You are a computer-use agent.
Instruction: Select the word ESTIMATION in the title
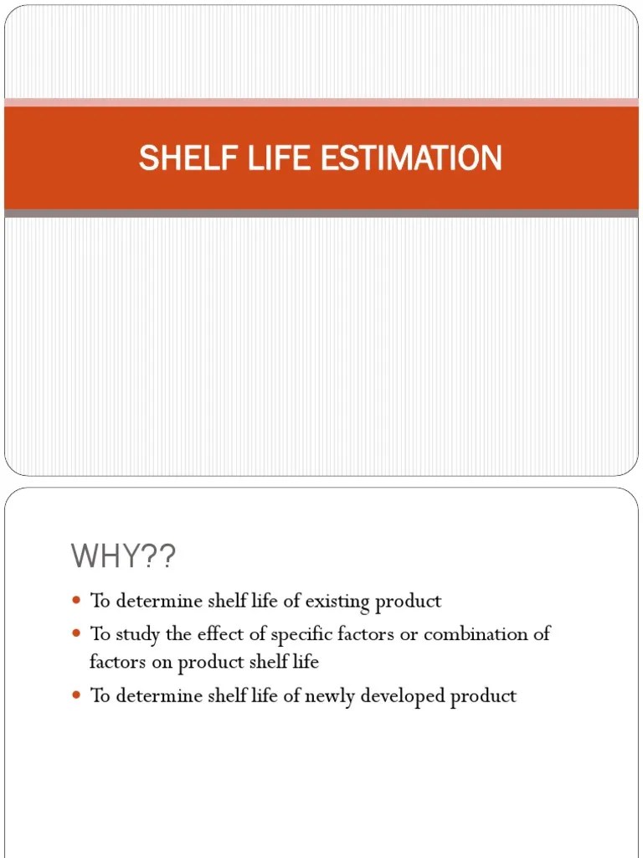tap(411, 158)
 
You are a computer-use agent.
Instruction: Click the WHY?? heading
tap(124, 556)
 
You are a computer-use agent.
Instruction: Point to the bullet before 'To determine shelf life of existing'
tap(76, 601)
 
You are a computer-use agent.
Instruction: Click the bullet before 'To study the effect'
tap(76, 633)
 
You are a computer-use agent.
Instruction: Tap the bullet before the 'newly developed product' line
tap(76, 695)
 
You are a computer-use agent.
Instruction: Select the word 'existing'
tap(338, 601)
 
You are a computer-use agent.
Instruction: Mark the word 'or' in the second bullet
tap(409, 633)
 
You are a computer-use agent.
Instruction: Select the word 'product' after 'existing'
tap(409, 601)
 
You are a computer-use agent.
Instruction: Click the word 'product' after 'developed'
tap(484, 695)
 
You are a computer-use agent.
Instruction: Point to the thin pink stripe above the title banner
tap(321, 102)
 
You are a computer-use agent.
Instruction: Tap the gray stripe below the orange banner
tap(321, 214)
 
